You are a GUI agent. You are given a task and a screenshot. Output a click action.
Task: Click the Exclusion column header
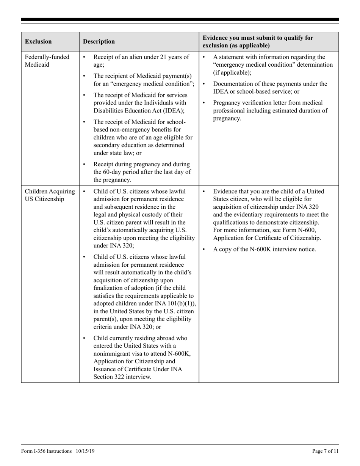(x=38, y=42)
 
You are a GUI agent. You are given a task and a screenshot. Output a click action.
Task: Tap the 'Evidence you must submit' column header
(x=258, y=42)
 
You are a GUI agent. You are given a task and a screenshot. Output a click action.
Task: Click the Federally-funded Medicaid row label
(x=47, y=61)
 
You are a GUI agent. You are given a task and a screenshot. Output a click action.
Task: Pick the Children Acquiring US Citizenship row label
(x=50, y=195)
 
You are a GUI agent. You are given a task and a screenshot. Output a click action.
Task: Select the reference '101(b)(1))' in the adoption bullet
(x=181, y=303)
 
